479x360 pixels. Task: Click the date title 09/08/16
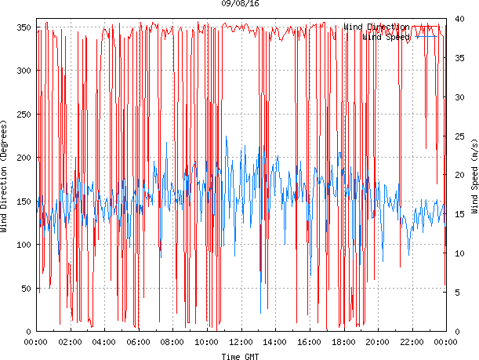240,4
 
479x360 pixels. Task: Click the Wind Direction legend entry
376,27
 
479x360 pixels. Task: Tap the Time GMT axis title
240,356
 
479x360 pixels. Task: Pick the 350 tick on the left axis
23,28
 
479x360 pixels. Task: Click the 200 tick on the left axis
23,158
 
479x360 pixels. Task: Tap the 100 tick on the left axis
23,245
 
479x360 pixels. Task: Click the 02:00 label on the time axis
70,342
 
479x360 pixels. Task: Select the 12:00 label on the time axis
241,342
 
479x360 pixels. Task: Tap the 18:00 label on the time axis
343,342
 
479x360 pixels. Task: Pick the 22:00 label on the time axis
412,342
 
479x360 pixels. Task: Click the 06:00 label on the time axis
138,342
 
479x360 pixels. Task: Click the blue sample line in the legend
427,36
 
